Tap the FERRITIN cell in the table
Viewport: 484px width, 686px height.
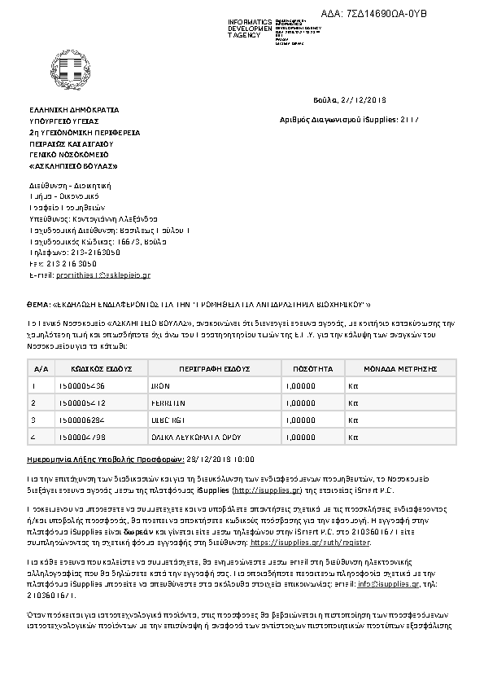point(168,403)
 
